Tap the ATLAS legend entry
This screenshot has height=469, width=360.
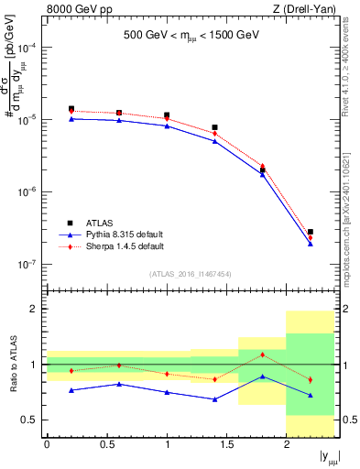(x=97, y=223)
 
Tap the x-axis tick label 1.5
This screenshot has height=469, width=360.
(x=226, y=445)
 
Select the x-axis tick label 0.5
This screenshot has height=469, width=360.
(x=106, y=445)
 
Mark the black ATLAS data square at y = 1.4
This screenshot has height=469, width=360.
(x=214, y=127)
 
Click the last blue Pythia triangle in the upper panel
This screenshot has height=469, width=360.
(x=311, y=244)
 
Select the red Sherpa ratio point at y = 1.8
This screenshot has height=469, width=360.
(x=262, y=354)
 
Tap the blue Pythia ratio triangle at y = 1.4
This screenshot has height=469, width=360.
(x=214, y=399)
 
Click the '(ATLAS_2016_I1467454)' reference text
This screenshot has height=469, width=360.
(x=191, y=274)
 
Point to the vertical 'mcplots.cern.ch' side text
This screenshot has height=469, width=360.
(x=352, y=220)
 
